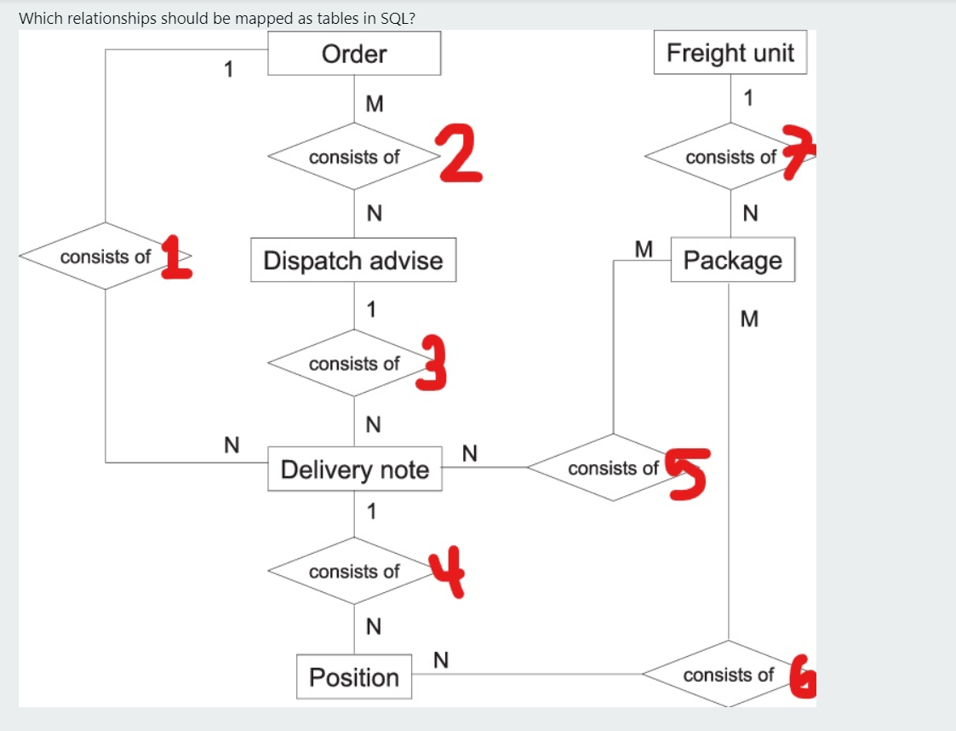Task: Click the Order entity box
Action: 354,54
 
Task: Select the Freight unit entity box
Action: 730,53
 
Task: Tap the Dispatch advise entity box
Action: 353,260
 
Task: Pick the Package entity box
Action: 732,260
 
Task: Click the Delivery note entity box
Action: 354,469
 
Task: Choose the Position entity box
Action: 354,677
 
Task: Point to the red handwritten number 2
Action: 461,153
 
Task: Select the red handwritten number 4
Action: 448,572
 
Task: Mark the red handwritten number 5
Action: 688,472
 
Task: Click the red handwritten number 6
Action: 801,676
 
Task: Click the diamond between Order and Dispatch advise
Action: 354,158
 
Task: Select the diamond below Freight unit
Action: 730,158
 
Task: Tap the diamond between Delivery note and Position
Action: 354,572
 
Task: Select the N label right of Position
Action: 441,659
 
